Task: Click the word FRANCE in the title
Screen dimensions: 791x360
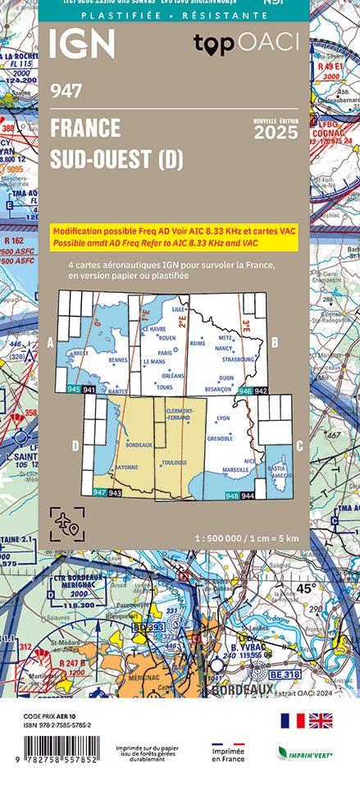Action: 84,128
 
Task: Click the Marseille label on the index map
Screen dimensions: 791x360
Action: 235,469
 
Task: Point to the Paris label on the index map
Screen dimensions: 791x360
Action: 164,353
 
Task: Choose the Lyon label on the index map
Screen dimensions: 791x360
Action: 221,418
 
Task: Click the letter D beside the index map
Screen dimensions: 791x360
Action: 75,446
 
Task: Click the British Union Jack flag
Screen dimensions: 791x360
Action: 321,720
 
